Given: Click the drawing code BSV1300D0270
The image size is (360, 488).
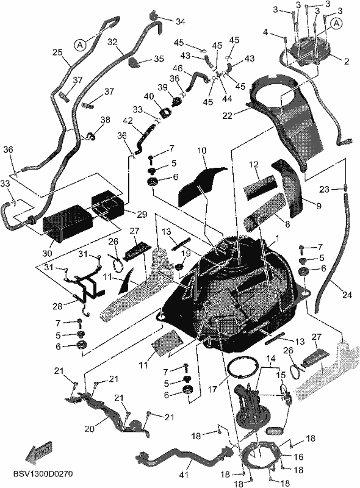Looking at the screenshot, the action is (x=43, y=475).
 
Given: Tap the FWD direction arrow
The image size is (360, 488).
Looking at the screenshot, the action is (x=39, y=451).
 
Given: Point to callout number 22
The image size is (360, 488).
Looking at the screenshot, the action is (x=228, y=116).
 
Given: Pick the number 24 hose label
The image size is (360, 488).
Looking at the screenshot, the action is (x=347, y=295).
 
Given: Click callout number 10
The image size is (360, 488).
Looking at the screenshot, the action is (x=201, y=151).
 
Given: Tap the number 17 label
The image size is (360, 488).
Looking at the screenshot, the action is (x=213, y=389).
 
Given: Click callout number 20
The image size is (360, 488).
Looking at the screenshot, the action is (x=90, y=429).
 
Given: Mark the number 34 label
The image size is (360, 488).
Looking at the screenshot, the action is (x=181, y=21).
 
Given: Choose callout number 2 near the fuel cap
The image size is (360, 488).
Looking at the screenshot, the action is (x=347, y=62).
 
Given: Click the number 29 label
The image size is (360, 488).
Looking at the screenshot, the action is (x=142, y=215).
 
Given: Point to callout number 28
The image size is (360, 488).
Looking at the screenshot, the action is (x=57, y=306).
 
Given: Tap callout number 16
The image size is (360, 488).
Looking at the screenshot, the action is (x=298, y=457).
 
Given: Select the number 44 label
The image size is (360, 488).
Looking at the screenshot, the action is (x=228, y=99).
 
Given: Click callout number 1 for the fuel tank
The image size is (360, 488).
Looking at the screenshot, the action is (x=277, y=239).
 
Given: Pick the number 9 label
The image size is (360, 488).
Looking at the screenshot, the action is (x=319, y=206).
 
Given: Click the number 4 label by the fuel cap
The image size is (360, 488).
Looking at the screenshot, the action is (x=265, y=32).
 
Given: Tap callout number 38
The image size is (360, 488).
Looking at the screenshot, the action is (x=106, y=120).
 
